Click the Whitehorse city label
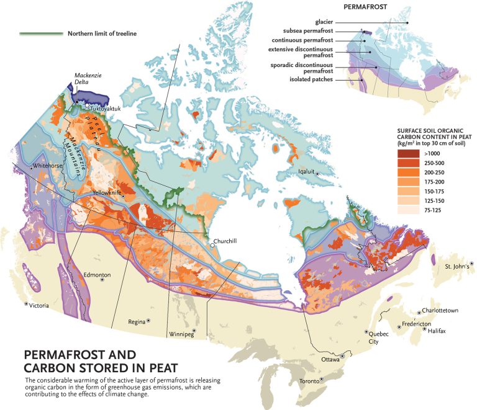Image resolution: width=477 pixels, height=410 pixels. click(x=50, y=166)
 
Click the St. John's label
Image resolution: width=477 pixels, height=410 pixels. click(x=457, y=266)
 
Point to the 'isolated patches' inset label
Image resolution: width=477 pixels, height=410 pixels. click(x=311, y=79)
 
